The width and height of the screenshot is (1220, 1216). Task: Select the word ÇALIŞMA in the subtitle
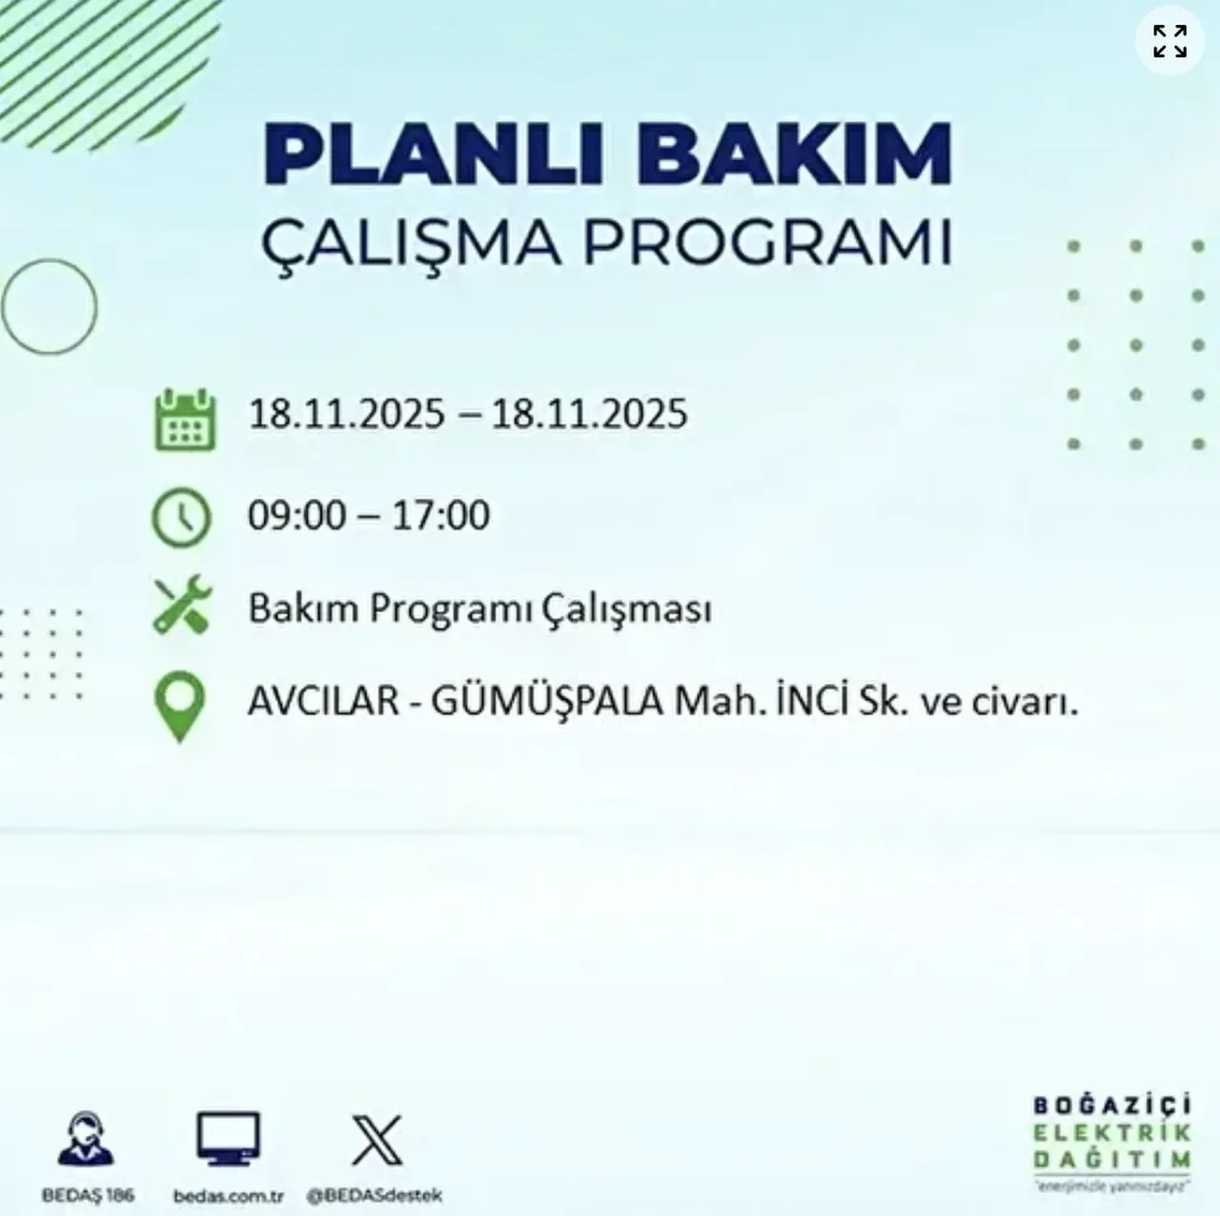[412, 243]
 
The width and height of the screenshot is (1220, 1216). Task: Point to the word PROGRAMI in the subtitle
[767, 243]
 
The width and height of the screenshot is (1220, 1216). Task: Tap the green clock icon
[181, 517]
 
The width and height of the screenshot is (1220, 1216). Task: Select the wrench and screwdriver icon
[181, 605]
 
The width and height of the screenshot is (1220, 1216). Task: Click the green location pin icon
[179, 707]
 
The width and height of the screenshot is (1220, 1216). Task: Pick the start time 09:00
[296, 516]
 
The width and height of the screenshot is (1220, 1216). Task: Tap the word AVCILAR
[323, 703]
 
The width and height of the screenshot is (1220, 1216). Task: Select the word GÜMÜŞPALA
[547, 703]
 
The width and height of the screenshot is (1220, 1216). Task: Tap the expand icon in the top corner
[1169, 41]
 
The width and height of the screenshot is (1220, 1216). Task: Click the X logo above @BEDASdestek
[376, 1140]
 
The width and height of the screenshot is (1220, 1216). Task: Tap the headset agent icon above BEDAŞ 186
[86, 1140]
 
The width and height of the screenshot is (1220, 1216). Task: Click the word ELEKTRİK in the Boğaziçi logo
[1111, 1133]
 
